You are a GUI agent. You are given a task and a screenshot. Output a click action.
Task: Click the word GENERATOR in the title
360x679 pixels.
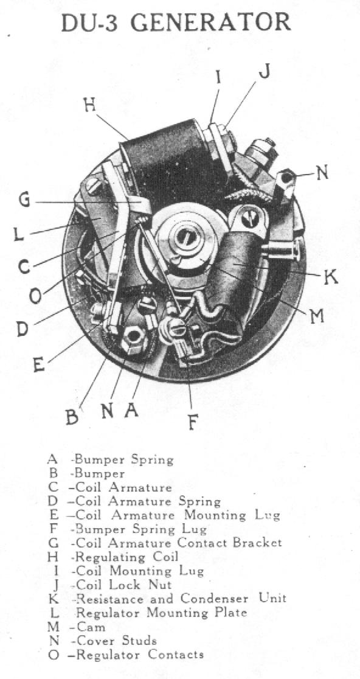coord(211,23)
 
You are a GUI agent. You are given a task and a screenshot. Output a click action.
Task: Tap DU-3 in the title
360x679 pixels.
coord(92,23)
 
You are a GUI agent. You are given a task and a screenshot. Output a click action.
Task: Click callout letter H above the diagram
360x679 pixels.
coord(89,105)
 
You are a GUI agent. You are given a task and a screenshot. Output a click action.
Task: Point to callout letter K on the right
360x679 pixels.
coord(331,277)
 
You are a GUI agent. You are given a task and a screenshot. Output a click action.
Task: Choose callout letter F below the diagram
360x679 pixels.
coord(193,422)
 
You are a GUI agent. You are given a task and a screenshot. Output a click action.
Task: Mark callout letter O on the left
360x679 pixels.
coord(35,296)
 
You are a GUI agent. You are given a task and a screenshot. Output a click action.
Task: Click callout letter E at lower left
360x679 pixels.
coord(39,365)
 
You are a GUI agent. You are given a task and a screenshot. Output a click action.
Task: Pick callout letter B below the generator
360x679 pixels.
coord(72,417)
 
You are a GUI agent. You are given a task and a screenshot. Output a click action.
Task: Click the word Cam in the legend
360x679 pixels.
coord(91,627)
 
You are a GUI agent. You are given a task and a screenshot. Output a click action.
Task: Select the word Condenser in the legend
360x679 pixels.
coord(215,599)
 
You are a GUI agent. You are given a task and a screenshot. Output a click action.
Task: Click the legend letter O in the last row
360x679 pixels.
coord(54,654)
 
